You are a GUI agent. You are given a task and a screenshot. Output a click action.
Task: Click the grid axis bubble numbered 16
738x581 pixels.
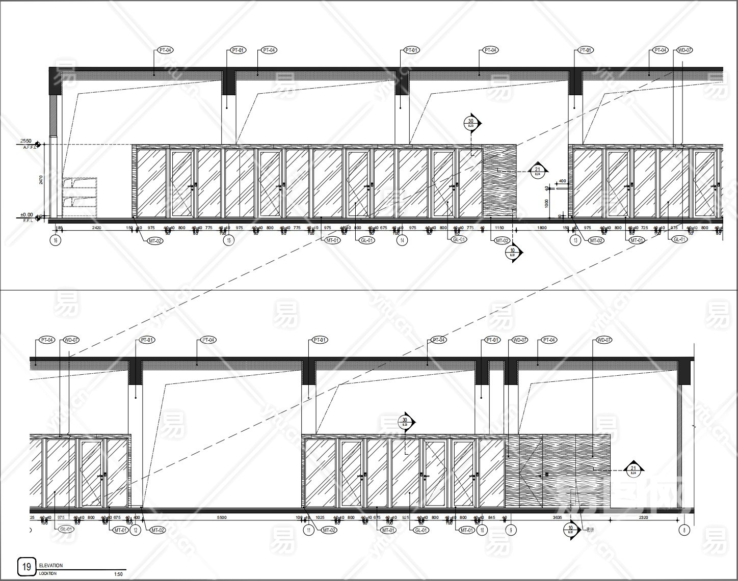point(56,241)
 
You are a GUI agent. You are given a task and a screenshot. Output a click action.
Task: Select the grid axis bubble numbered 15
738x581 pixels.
point(230,241)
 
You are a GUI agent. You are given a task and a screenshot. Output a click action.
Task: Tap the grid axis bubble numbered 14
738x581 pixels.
point(403,241)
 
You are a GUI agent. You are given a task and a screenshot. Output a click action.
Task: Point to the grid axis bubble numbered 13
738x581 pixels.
point(575,241)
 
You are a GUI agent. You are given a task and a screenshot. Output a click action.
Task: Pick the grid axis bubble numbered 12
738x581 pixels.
point(136,530)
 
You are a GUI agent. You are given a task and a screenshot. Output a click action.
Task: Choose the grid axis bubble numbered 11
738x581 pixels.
point(308,530)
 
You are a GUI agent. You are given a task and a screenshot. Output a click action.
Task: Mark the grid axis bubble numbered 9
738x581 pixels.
point(511,530)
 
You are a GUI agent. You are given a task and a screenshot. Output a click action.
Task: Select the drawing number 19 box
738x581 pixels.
point(27,566)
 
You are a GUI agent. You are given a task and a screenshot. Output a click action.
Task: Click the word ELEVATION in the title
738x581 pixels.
point(50,565)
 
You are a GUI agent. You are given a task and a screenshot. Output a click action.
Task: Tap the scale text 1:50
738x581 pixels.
point(118,574)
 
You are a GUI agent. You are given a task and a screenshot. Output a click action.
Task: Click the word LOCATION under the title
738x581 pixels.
point(48,574)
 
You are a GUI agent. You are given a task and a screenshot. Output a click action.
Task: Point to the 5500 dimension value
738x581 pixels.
point(221,517)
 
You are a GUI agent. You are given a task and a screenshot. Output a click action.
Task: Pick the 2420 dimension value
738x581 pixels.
point(97,228)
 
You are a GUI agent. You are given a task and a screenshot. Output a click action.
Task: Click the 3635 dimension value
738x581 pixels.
point(558,517)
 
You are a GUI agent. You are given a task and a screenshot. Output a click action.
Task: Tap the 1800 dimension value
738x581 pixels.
point(542,228)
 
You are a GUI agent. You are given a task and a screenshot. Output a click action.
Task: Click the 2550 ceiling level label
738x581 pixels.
point(26,141)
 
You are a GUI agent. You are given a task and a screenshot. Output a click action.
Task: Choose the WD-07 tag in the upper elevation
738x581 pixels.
point(684,50)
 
